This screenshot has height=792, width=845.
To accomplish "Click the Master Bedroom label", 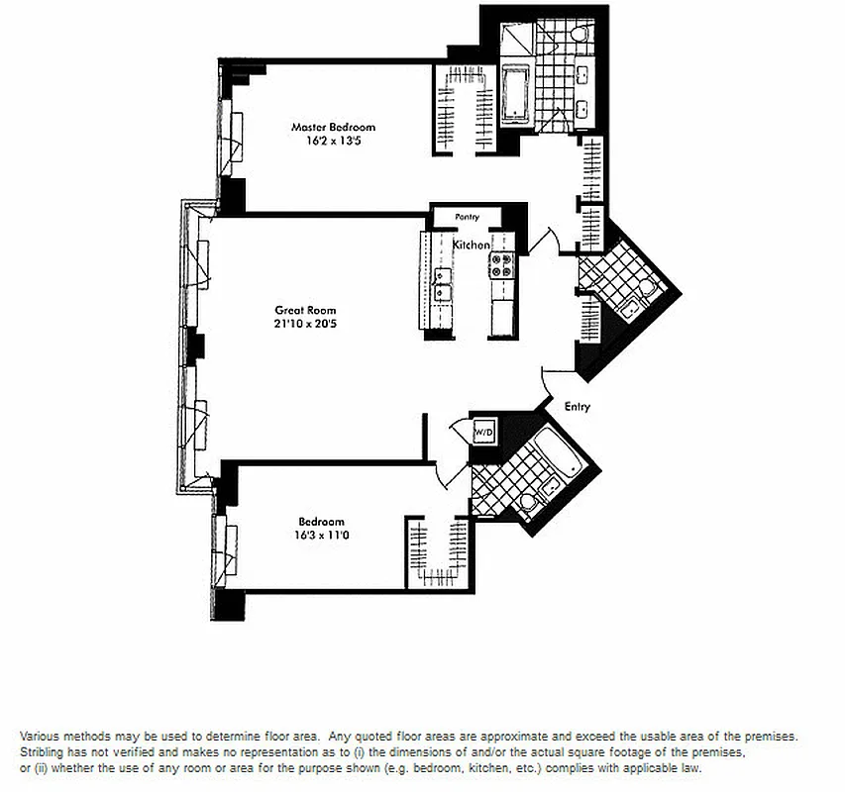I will [x=333, y=127].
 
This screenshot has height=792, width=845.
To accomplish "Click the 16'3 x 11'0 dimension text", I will [x=322, y=536].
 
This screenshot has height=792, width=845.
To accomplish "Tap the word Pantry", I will [x=467, y=217].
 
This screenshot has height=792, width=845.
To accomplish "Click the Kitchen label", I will [x=472, y=245].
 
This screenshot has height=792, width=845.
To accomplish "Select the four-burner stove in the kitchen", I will [x=501, y=264].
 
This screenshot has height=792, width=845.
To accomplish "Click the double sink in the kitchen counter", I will [x=442, y=283].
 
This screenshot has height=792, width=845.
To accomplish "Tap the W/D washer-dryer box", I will [x=484, y=433].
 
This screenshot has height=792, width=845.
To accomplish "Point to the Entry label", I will [x=578, y=406].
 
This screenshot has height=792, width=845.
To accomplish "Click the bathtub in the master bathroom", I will [x=516, y=95].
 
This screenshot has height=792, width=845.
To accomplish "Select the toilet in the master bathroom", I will [x=580, y=37].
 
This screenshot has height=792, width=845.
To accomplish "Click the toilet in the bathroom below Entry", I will [x=527, y=504].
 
